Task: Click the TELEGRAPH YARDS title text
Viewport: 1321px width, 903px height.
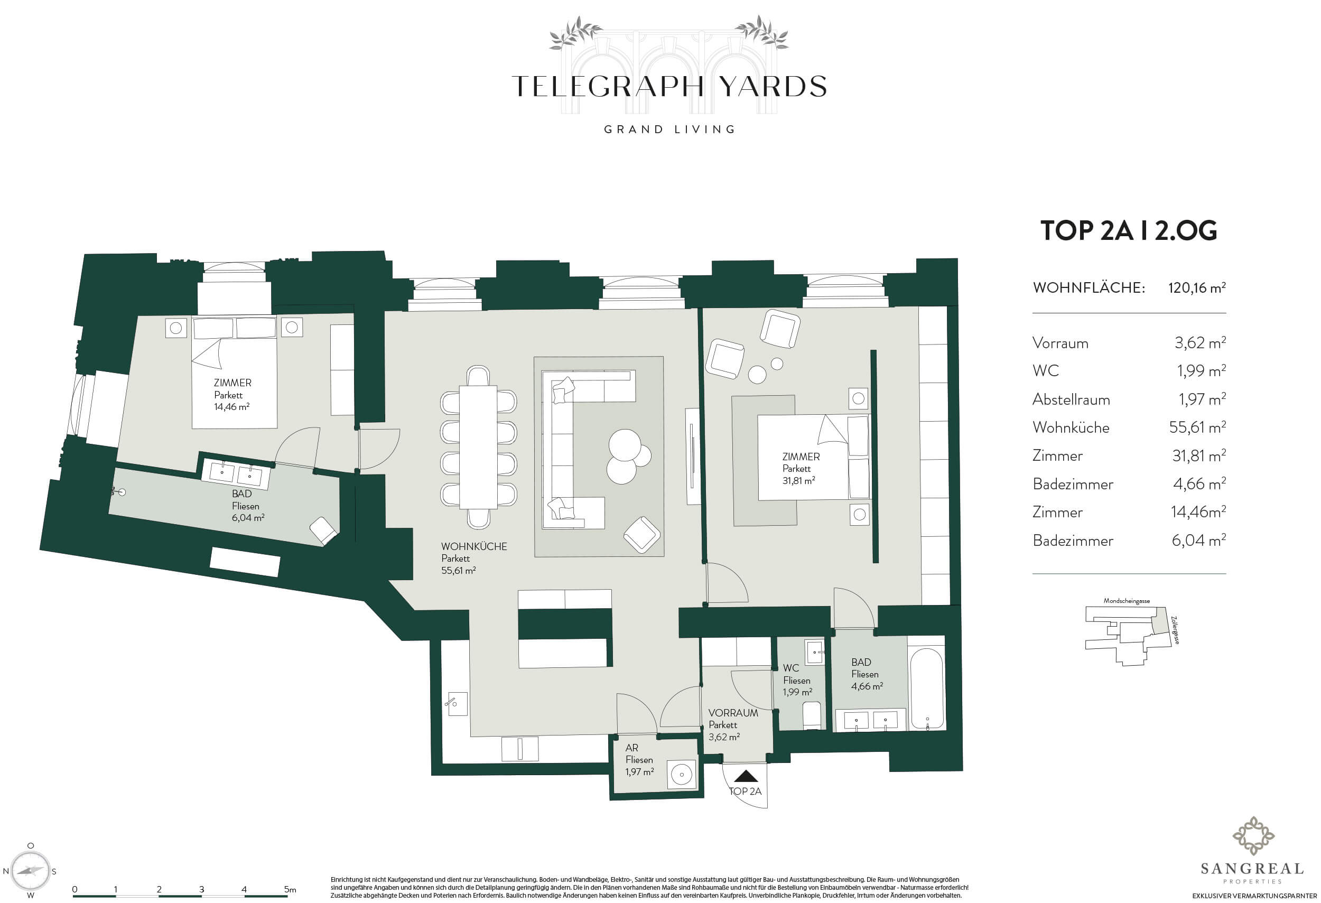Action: tap(669, 86)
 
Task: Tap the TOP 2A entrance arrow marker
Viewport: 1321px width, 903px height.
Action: tap(745, 776)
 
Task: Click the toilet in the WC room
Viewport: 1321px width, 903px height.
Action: tap(812, 715)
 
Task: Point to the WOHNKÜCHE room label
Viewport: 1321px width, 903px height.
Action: tap(474, 547)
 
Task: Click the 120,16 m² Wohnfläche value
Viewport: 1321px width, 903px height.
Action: tap(1196, 288)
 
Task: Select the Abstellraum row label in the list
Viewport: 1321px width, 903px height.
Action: tap(1071, 399)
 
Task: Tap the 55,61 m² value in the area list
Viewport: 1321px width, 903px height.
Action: tap(1197, 427)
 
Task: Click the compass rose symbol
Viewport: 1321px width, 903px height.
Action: tap(31, 871)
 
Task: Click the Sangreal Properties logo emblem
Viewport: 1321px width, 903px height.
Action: tap(1253, 836)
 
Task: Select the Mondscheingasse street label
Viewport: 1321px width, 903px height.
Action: tap(1127, 601)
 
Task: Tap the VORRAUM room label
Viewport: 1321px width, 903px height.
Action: tap(733, 713)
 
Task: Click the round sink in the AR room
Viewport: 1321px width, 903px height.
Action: tap(681, 774)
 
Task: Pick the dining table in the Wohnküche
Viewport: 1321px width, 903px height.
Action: tap(478, 446)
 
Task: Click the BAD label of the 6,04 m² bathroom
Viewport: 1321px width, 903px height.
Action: tap(241, 494)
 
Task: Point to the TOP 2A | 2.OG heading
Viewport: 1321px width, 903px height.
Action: tap(1128, 231)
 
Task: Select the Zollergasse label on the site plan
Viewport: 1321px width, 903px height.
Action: tap(1176, 630)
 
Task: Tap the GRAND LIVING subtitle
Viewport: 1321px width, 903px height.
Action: tap(669, 129)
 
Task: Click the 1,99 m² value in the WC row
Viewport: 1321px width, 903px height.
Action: tap(1201, 371)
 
